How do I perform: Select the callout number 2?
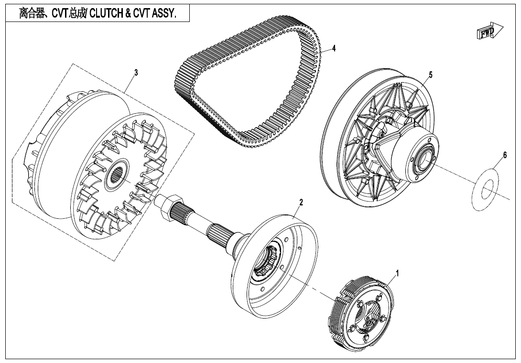301,202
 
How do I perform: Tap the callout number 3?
136,73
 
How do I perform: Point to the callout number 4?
334,48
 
